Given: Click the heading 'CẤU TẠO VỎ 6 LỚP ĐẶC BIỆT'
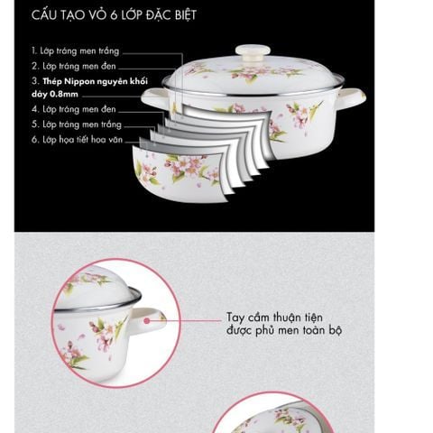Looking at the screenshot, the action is (114, 15).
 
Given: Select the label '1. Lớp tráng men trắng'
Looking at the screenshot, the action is (76, 51).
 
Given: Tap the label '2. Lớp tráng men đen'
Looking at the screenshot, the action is (74, 66).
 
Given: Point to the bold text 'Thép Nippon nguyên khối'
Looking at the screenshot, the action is (95, 81).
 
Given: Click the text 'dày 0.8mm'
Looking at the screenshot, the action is (55, 94).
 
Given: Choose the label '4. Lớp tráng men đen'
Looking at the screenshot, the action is (74, 109).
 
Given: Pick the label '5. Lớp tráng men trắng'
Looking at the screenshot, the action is (77, 124).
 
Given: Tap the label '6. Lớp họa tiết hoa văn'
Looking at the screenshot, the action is (77, 140).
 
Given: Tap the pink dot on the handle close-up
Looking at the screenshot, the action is (147, 321).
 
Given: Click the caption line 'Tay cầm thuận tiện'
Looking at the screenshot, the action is (274, 318).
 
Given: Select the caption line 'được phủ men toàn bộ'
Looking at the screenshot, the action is (284, 330).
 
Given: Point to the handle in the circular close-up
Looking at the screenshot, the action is (148, 321).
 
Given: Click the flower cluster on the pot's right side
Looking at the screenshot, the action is (298, 115).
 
